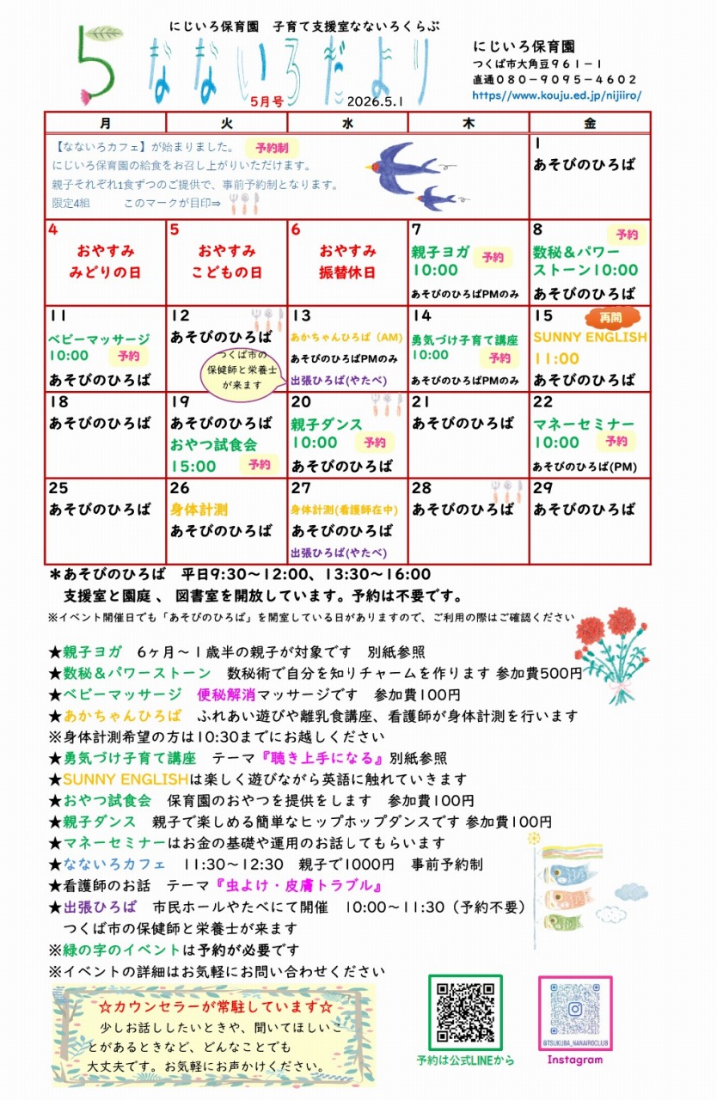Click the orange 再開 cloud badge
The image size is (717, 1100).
(x=612, y=318)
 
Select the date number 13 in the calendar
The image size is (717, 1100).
(x=300, y=316)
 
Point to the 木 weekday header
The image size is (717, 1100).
(x=468, y=122)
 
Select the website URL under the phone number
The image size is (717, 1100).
(x=556, y=96)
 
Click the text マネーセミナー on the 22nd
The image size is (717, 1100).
(x=584, y=425)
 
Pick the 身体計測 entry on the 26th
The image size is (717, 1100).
(x=199, y=510)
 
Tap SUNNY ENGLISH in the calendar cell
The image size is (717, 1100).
(x=590, y=338)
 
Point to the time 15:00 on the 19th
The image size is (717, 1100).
(x=193, y=466)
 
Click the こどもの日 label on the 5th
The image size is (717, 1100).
(x=226, y=272)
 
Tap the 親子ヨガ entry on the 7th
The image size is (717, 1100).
(x=440, y=252)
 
